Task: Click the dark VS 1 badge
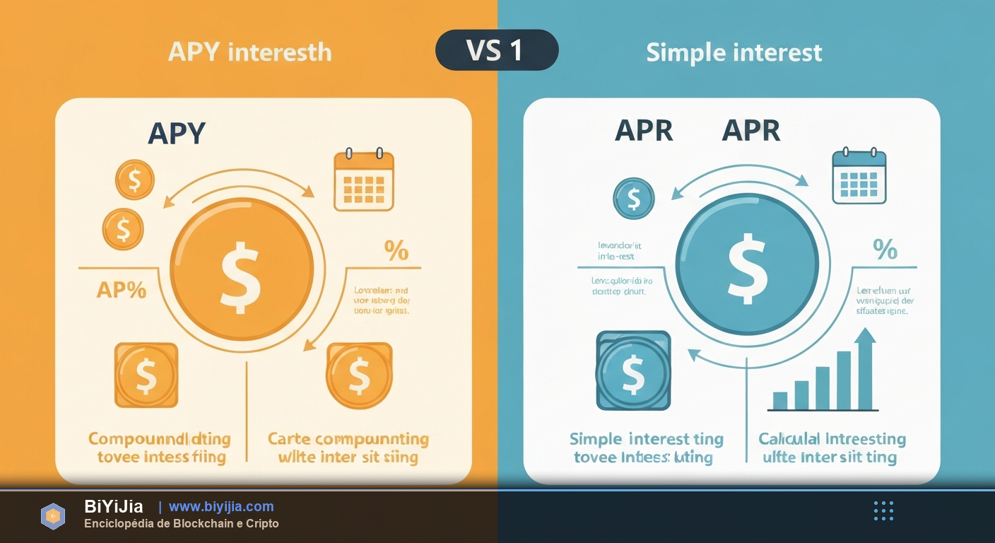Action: [497, 50]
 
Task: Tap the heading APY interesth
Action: [249, 52]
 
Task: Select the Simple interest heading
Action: [734, 52]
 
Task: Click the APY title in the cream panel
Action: [177, 133]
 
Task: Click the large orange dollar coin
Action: [241, 269]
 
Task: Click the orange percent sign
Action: [396, 250]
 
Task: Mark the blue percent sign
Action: [885, 249]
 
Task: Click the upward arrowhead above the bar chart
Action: [865, 335]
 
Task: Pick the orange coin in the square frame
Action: [146, 375]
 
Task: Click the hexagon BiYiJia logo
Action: [53, 517]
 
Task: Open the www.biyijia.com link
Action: [221, 507]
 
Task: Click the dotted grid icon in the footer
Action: [883, 510]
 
